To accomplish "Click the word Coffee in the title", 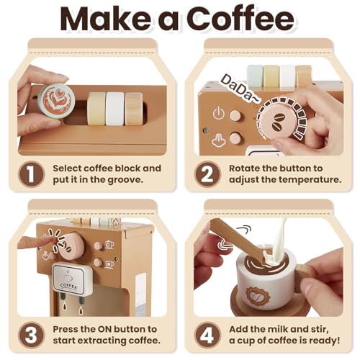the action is (x=240, y=19).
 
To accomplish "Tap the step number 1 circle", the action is (x=31, y=174).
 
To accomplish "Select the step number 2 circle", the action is (x=207, y=174).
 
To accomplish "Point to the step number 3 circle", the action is (x=31, y=335).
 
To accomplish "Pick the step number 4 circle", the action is (x=207, y=335).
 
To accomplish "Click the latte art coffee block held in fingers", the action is (x=57, y=102).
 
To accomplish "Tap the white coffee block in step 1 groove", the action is (x=114, y=109).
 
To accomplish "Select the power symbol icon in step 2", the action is (x=218, y=113).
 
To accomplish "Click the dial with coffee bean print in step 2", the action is (x=279, y=121).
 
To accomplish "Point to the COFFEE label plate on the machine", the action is (x=69, y=279).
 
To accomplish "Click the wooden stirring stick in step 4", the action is (x=238, y=240).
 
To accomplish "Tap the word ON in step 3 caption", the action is (x=104, y=329).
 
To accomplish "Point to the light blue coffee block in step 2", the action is (x=255, y=76).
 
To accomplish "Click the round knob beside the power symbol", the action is (x=235, y=115).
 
